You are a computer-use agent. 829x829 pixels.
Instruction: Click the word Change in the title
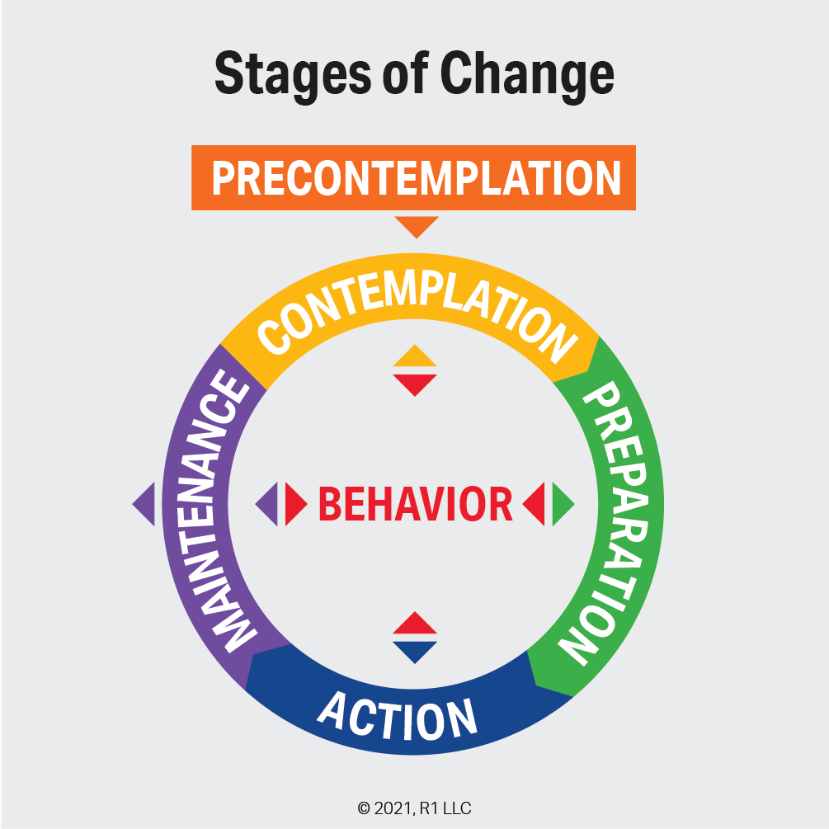pyautogui.click(x=527, y=75)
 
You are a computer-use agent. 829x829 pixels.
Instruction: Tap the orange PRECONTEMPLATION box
pyautogui.click(x=414, y=177)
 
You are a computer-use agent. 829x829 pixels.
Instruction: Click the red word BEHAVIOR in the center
pyautogui.click(x=416, y=504)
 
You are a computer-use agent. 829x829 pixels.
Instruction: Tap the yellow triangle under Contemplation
pyautogui.click(x=415, y=356)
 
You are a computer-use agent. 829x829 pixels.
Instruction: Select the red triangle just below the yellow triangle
pyautogui.click(x=415, y=383)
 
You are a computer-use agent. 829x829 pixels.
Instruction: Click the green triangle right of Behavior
pyautogui.click(x=563, y=503)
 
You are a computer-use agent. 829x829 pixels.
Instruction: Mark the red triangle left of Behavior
pyautogui.click(x=294, y=504)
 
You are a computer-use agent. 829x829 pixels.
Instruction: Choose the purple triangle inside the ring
pyautogui.click(x=267, y=504)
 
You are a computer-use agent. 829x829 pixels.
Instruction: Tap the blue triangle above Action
pyautogui.click(x=415, y=650)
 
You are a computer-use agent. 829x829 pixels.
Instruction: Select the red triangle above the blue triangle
pyautogui.click(x=415, y=624)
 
